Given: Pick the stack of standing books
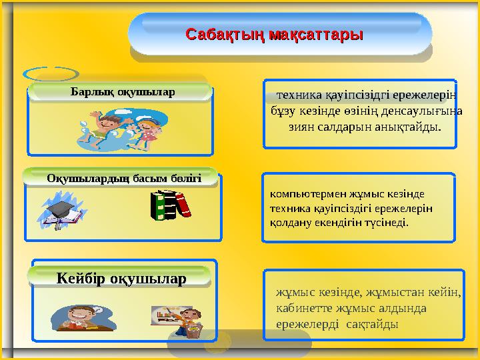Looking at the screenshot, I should (171, 205).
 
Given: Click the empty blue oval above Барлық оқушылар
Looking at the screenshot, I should (51, 74).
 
